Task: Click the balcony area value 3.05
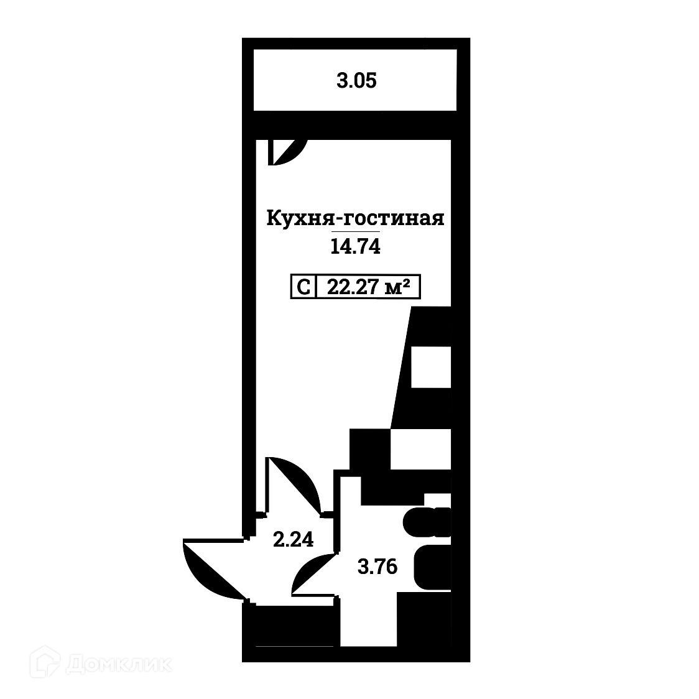(356, 81)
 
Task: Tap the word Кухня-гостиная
(355, 219)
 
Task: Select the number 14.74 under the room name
(355, 247)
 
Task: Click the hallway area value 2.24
(293, 539)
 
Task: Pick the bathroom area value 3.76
(377, 567)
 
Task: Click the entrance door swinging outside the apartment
(208, 567)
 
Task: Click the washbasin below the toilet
(431, 567)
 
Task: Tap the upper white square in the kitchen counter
(431, 367)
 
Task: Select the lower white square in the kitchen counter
(420, 449)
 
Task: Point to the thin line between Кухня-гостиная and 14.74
(355, 233)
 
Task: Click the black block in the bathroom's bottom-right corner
(423, 619)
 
